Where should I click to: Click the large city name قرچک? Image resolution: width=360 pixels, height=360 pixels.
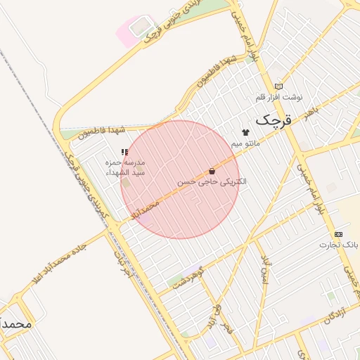(x=272, y=120)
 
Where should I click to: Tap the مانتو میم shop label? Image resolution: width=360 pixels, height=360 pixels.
(x=245, y=143)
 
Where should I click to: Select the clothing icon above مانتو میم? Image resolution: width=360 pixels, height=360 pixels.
(x=245, y=132)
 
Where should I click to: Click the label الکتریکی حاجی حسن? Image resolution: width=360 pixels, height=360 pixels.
(x=212, y=181)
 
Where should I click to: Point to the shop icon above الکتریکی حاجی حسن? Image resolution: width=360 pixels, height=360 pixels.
(x=212, y=171)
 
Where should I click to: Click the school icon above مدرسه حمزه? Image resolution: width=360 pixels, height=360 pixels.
(x=124, y=152)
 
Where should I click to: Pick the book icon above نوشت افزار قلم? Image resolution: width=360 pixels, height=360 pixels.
(x=278, y=86)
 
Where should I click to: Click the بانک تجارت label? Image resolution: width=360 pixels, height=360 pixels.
(x=339, y=245)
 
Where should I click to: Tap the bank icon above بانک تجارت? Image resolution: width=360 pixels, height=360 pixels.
(x=338, y=233)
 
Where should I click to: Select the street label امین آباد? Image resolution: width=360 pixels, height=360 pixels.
(x=265, y=268)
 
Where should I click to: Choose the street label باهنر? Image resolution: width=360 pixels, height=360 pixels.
(x=309, y=112)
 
